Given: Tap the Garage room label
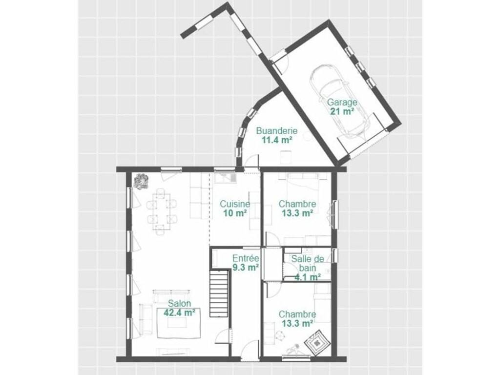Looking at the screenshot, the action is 342,103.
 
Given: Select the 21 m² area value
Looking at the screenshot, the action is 342,112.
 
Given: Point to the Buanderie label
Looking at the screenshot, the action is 277,131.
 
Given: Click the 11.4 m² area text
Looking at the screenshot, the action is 277,140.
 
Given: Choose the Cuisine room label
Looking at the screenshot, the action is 235,204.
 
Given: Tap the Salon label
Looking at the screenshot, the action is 180,304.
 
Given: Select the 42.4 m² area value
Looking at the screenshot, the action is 180,312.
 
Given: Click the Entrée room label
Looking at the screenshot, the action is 246,258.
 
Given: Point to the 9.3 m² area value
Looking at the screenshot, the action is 246,268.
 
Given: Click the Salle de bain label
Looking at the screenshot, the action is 308,263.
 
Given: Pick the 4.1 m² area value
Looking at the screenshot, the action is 308,277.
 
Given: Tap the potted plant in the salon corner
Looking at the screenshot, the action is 141,181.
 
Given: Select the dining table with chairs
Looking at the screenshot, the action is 162,211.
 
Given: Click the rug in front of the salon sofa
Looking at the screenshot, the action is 179,322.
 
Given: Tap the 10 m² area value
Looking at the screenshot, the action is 235,213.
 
